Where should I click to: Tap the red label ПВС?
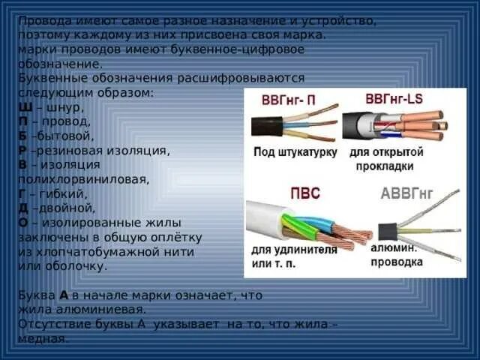[x=305, y=193]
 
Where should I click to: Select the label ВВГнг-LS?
[x=394, y=98]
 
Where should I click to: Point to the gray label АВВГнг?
[x=407, y=194]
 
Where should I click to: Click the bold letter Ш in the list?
[x=23, y=106]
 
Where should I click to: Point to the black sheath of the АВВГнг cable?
[x=388, y=231]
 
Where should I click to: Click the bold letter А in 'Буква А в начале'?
[x=64, y=295]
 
